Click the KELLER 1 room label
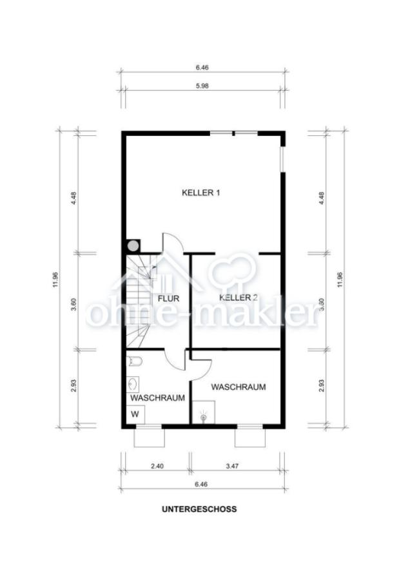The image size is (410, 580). [x=201, y=193]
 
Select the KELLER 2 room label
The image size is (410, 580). [x=239, y=297]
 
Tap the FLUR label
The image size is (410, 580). [x=168, y=298]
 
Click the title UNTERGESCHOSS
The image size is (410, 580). [x=199, y=509]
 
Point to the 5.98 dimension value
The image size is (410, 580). [x=202, y=86]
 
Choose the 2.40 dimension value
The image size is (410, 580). [x=157, y=466]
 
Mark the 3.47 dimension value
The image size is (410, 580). [x=232, y=466]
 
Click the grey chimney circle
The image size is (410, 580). [x=133, y=245]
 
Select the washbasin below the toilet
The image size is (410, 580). [x=132, y=385]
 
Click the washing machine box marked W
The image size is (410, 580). [x=135, y=414]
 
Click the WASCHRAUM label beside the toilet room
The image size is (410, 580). [x=158, y=398]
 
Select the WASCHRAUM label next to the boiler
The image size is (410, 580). [x=239, y=387]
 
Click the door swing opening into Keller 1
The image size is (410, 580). [x=172, y=242]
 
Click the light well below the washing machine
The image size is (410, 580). [x=149, y=438]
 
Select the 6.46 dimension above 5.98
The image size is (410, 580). [x=202, y=67]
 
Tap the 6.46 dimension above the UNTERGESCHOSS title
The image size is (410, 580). [x=202, y=484]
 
